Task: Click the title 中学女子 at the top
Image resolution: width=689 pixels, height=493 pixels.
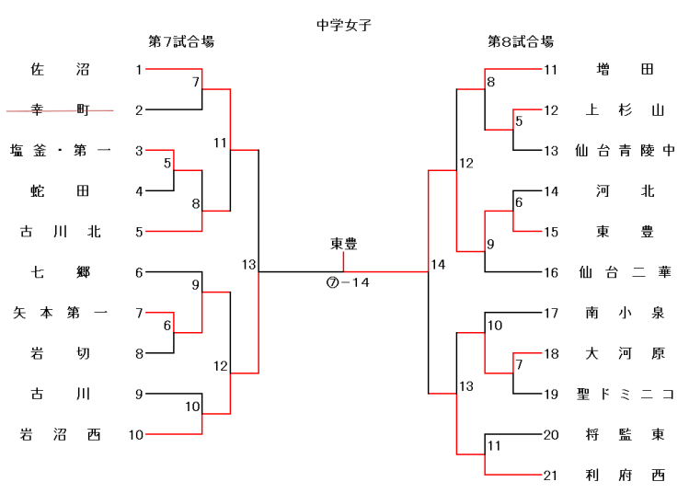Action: coord(343,25)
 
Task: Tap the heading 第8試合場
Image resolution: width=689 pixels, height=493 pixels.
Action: coord(520,42)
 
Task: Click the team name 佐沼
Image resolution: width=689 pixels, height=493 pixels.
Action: coord(60,70)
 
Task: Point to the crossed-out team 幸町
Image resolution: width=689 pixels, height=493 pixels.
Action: coord(60,110)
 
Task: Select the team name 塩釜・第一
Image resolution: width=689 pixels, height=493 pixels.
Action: coord(60,151)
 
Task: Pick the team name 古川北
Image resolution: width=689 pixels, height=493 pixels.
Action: coord(60,232)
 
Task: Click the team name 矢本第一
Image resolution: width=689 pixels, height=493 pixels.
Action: coord(60,313)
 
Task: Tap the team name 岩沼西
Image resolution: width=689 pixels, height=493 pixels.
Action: coord(60,435)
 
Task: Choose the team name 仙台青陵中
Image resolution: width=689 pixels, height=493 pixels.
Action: coord(625,151)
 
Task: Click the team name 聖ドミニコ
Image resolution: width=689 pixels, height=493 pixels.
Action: coord(625,395)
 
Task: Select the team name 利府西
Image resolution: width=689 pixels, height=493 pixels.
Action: coord(625,476)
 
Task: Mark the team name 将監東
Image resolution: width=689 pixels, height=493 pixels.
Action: coord(625,435)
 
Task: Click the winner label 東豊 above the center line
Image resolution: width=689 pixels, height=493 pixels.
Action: coord(344,244)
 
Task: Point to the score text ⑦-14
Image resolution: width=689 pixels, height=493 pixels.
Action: coord(348,282)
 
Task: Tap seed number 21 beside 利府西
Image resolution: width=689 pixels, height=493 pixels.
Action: coord(551,476)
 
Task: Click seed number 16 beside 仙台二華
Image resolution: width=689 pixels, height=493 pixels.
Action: coord(551,272)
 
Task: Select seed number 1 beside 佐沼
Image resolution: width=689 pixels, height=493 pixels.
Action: coord(139,70)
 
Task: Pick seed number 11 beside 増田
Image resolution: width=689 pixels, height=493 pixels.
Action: coord(551,70)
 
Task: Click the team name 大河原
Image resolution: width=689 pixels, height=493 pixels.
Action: coord(625,354)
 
